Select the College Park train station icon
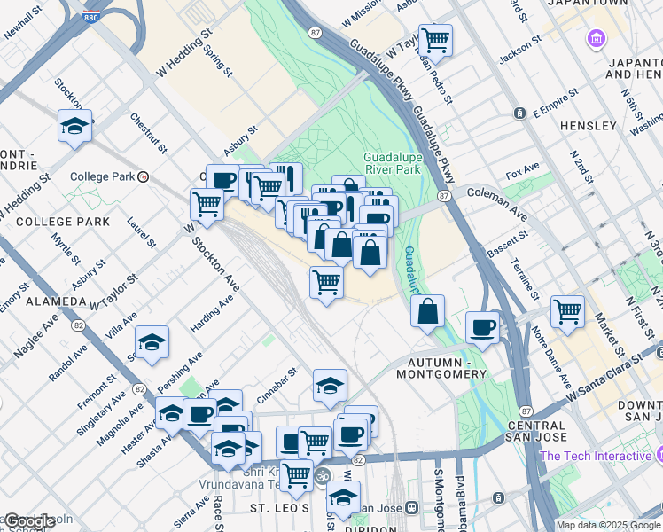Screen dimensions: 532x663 pos(143,176)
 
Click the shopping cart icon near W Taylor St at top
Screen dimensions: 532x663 pos(435,39)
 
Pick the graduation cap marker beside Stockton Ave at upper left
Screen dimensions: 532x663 pos(75,126)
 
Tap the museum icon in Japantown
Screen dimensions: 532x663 pos(595,39)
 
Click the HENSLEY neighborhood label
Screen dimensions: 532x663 pos(588,126)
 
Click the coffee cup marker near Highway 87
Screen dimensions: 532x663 pos(482,327)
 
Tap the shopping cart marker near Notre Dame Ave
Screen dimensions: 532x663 pos(567,311)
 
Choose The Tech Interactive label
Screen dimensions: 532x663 pos(595,456)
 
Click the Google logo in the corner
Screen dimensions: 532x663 pos(28,521)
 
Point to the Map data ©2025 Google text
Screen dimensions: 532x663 pos(608,525)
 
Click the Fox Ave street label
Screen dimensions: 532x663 pos(522,169)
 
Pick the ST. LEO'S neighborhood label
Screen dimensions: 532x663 pos(278,508)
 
